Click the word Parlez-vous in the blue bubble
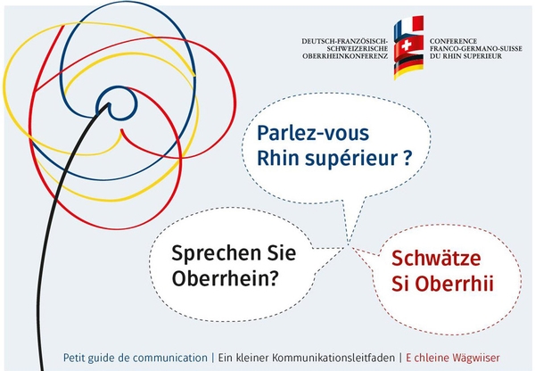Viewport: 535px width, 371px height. coord(313,132)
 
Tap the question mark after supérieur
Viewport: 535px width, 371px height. coord(407,158)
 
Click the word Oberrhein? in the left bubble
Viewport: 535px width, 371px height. coord(224,278)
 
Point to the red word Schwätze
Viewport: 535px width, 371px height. coord(436,258)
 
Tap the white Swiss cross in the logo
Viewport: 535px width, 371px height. coord(406,45)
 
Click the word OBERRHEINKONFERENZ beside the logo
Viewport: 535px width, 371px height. coord(345,56)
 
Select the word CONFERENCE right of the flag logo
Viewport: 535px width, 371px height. coord(454,41)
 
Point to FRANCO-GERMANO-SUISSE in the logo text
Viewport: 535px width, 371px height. coord(476,49)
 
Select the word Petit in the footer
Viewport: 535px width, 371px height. coord(74,358)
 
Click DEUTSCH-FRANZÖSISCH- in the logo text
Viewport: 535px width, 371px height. coord(344,41)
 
